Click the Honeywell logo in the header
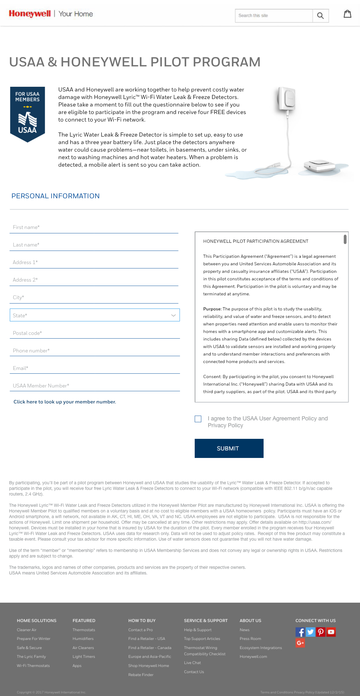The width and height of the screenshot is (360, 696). coord(30,14)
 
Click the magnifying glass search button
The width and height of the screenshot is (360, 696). coord(320,16)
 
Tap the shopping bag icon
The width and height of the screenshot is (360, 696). coord(347,14)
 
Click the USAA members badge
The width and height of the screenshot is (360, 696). coord(28,114)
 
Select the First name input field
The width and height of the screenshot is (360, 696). coord(94,227)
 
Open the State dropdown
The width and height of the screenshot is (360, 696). coord(95,315)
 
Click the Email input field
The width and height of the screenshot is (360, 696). coord(95,368)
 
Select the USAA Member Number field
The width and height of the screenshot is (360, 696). coord(95,386)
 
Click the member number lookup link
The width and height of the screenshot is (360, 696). coord(65,402)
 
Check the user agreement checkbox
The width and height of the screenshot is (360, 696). coord(198,419)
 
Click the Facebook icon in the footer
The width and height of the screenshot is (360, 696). coord(300,632)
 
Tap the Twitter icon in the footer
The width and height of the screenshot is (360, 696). coord(310,632)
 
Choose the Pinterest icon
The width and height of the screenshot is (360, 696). coord(321,632)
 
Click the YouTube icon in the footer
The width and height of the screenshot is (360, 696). coord(331,632)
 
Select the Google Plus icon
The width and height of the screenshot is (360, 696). coord(300,643)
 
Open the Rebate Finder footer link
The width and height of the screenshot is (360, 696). coord(141,675)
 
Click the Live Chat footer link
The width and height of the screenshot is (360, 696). coord(193,663)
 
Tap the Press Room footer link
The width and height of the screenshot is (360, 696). coord(250,639)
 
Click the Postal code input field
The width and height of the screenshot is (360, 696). coord(95,333)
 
